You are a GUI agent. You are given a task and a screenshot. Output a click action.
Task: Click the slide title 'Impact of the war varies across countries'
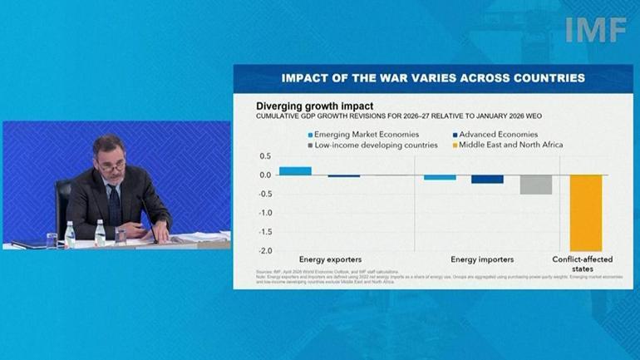(432, 77)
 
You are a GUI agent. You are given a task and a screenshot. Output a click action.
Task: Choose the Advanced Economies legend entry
(490, 134)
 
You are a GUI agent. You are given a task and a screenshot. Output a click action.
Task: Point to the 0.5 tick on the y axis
(265, 156)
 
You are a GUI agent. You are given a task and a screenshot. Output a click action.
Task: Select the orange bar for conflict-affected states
(586, 212)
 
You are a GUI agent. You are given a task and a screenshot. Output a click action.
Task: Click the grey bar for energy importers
(536, 184)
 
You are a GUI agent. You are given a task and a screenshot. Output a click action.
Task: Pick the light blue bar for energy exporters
(295, 170)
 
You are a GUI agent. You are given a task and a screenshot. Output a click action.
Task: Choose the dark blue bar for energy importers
(487, 179)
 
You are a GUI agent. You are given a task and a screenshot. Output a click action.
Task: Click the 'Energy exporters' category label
(330, 260)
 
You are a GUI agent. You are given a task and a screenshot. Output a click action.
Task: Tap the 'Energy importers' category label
(482, 260)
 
